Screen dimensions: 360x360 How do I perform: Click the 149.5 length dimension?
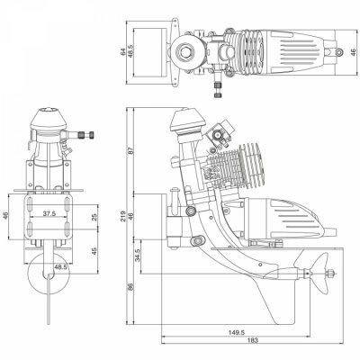[237, 330]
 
